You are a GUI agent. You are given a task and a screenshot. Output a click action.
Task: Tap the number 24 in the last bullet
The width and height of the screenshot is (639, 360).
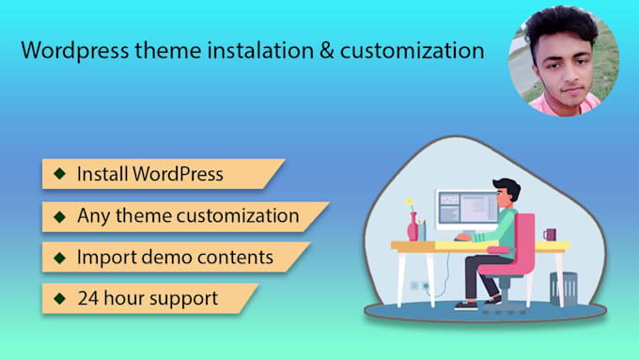click(89, 298)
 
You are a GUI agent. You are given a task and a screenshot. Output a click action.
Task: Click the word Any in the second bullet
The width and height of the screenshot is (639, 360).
click(93, 215)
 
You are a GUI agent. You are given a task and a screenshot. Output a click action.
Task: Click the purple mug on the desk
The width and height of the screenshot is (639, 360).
click(549, 234)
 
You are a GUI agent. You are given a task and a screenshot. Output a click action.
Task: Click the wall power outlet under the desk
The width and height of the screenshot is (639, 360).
click(414, 286)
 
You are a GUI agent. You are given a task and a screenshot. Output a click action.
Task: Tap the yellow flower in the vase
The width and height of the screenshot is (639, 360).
click(410, 202)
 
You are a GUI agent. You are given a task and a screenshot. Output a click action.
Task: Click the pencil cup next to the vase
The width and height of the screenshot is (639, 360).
click(422, 230)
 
